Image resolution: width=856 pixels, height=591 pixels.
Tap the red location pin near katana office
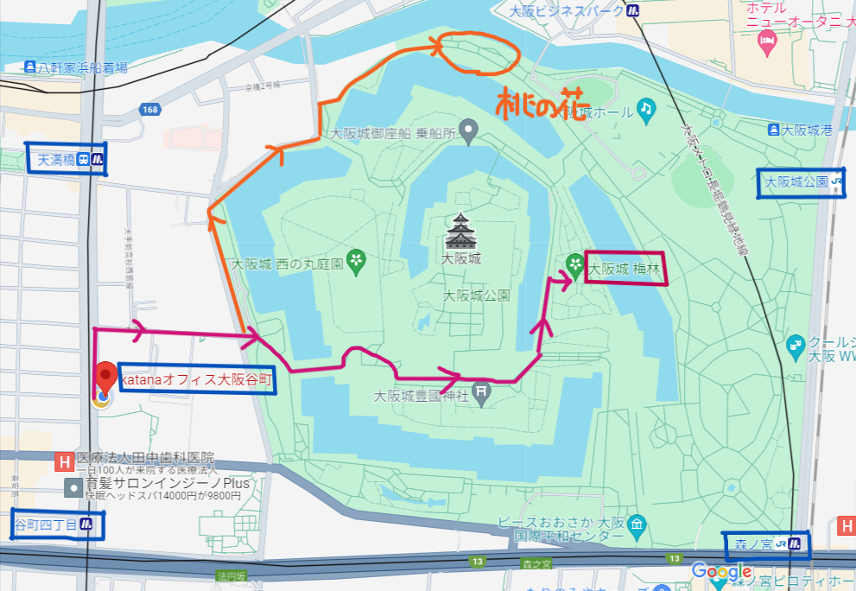pos(105,377)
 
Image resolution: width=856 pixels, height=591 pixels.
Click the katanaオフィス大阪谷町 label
pos(197,379)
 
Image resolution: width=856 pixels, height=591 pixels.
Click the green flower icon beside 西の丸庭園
pos(356,258)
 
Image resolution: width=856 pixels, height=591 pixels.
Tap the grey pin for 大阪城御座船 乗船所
pos(468,132)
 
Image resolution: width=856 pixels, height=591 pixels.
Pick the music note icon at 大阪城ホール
pos(646,108)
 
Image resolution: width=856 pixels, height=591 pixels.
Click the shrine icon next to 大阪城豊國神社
pos(483,392)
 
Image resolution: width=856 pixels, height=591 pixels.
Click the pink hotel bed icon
pos(765,41)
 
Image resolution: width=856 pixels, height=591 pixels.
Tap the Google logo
pos(720,571)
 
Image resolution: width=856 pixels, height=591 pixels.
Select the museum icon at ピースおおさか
pos(637,524)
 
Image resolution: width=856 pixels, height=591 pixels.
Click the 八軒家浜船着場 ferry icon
pos(31,67)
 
